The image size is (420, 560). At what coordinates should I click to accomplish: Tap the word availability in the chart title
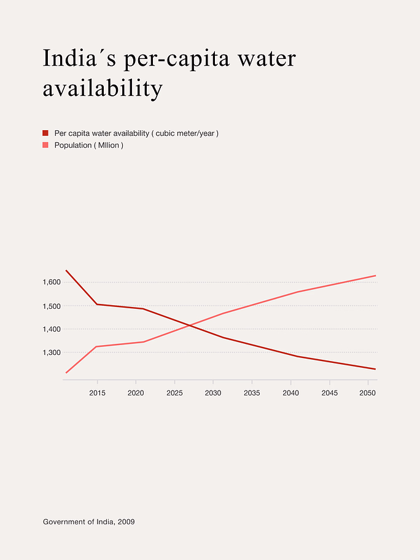(x=103, y=88)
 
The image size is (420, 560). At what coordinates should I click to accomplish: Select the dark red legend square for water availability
(x=45, y=133)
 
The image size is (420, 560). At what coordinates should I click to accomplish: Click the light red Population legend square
(x=45, y=145)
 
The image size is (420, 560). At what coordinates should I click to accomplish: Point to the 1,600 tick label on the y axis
(x=52, y=282)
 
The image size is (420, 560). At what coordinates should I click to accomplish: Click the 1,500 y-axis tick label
(x=52, y=306)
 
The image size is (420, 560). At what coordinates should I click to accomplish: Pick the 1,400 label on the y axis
(x=52, y=329)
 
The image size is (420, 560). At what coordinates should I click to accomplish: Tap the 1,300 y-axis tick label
(x=52, y=352)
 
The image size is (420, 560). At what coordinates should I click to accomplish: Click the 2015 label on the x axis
(x=97, y=393)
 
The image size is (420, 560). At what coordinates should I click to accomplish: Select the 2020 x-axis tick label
(x=136, y=393)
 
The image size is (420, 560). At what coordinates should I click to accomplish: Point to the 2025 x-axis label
(x=174, y=393)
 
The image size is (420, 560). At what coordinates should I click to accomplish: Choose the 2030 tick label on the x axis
(x=213, y=393)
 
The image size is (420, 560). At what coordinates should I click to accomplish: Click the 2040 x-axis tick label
(x=290, y=393)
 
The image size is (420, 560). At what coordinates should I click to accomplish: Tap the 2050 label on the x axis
(x=367, y=393)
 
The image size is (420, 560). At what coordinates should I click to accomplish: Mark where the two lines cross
(x=189, y=325)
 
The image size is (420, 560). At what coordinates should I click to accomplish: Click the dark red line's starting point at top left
(x=66, y=270)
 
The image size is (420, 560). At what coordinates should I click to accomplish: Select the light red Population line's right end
(x=376, y=275)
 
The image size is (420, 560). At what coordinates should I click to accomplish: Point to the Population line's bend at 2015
(x=97, y=346)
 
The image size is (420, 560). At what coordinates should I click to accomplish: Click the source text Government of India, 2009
(x=89, y=522)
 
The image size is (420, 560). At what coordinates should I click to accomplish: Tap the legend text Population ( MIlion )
(x=89, y=146)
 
